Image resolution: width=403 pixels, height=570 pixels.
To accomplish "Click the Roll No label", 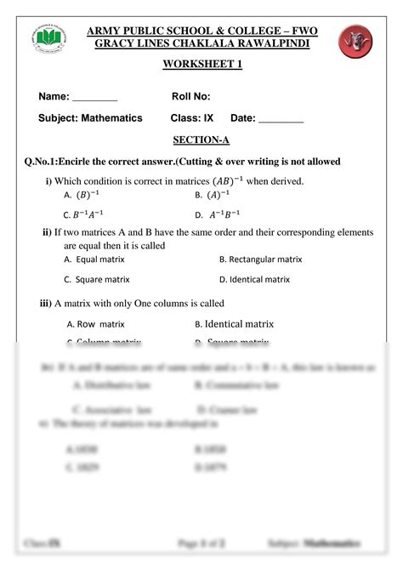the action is click(x=191, y=97).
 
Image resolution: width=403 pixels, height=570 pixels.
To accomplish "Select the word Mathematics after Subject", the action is click(x=111, y=118).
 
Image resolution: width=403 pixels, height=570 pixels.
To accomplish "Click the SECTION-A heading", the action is click(x=201, y=140).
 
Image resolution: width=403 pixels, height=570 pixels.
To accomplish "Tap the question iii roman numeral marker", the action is click(x=47, y=303).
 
